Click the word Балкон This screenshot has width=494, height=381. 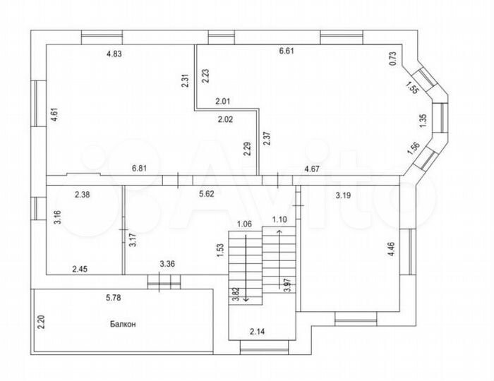coord(123,324)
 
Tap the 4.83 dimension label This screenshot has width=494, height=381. coord(114,54)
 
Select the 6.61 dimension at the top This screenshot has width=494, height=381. coord(287,51)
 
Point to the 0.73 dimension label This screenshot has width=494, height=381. coord(393,59)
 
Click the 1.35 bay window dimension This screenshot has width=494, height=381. coord(423,121)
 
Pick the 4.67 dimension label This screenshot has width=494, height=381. coord(312,169)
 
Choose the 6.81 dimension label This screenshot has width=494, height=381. coord(139,169)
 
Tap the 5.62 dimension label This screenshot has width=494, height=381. coord(207,194)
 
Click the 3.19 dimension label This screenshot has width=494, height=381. coord(343,195)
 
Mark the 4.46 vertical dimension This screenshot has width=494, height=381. coord(392,249)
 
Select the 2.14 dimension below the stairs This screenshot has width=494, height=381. coord(258,331)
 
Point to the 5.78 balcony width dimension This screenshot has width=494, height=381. coord(114,298)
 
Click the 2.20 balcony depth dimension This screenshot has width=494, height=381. coord(41,322)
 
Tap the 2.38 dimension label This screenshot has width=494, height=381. coord(83,195)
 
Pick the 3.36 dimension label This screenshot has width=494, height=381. coord(167,264)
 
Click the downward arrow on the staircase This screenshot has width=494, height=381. coord(246,269)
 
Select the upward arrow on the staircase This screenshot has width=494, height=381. coord(279,259)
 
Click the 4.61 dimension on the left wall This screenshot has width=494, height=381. coord(54,115)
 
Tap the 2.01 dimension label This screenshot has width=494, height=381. coord(223,102)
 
